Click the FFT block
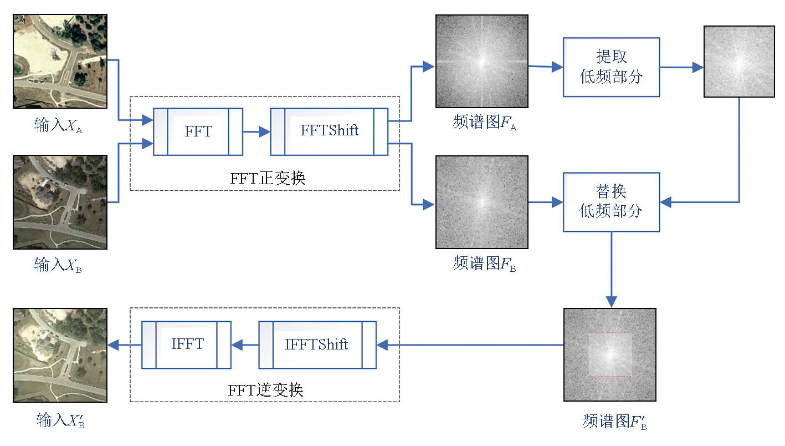(198, 131)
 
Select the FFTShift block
(329, 131)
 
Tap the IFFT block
(187, 344)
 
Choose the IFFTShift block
(317, 344)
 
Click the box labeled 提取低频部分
(611, 67)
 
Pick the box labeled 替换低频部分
(611, 202)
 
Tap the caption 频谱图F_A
(484, 123)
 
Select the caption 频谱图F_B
(484, 263)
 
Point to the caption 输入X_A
(59, 126)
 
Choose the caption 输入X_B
(59, 266)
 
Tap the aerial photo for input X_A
(60, 61)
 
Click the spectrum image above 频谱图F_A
(482, 61)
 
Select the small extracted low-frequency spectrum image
(739, 62)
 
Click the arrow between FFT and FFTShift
(256, 132)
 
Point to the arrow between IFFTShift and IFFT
(245, 345)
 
